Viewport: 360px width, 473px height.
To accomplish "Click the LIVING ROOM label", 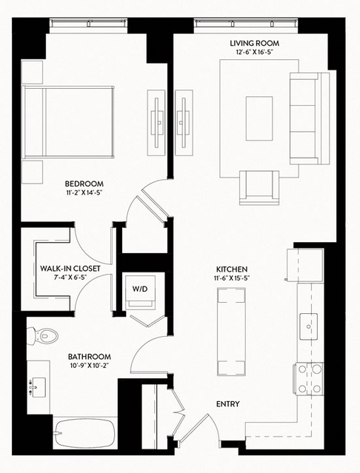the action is point(254,44).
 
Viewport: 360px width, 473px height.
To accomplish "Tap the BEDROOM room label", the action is point(84,184).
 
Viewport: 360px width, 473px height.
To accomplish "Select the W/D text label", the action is point(140,289).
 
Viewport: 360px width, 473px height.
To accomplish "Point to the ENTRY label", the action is point(228,404).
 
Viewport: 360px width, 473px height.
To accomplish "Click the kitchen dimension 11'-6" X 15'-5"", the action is point(231,278).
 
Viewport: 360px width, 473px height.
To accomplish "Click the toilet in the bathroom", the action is point(42,335).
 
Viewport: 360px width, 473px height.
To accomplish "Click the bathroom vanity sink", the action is point(39,388).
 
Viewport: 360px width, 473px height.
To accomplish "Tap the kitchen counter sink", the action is point(308,326).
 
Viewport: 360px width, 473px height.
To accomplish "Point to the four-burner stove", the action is point(308,378).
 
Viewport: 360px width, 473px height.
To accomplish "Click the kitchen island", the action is point(231,332).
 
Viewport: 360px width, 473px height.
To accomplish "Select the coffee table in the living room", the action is point(259,118).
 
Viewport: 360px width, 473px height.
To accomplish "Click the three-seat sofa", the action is point(310,118).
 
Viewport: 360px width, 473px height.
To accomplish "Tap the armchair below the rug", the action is point(259,187).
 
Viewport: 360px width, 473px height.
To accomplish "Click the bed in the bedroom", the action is point(68,122).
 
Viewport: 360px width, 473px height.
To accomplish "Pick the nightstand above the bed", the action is point(33,72).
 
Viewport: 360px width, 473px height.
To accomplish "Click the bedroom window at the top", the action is point(88,24).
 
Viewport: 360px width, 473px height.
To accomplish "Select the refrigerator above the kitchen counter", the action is point(304,265).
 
